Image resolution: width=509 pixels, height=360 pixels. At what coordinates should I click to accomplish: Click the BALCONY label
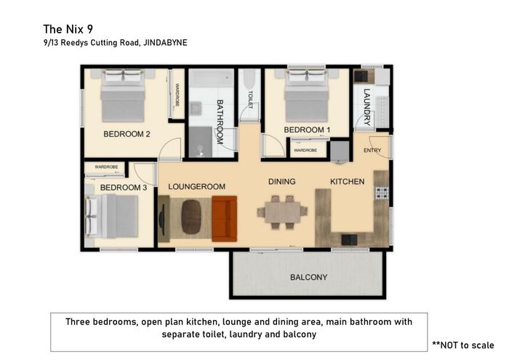[x=308, y=277]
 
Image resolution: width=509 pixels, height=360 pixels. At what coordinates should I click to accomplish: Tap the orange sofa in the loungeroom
[x=224, y=219]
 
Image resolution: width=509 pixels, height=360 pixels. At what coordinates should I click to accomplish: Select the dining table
[x=282, y=212]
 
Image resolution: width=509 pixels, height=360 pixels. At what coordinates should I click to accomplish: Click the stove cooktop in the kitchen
[x=382, y=193]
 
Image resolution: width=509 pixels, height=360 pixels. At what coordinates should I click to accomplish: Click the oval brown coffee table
[x=191, y=217]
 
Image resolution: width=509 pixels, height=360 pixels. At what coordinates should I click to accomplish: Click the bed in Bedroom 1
[x=306, y=95]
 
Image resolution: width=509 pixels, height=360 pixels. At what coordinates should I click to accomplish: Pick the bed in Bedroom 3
[x=111, y=216]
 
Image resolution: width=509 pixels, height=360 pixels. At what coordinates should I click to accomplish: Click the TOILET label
[x=250, y=100]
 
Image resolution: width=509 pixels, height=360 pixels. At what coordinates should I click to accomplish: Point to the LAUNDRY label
[x=366, y=107]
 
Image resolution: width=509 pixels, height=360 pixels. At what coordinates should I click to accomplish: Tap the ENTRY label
[x=372, y=151]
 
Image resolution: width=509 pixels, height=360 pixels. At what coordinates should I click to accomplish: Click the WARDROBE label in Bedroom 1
[x=305, y=151]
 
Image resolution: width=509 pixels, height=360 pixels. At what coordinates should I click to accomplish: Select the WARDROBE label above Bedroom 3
[x=106, y=167]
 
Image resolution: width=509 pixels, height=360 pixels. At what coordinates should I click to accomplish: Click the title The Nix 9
[x=68, y=29]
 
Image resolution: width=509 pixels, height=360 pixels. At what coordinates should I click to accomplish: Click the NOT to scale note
[x=463, y=345]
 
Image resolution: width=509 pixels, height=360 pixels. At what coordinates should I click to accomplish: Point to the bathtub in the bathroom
[x=212, y=78]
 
